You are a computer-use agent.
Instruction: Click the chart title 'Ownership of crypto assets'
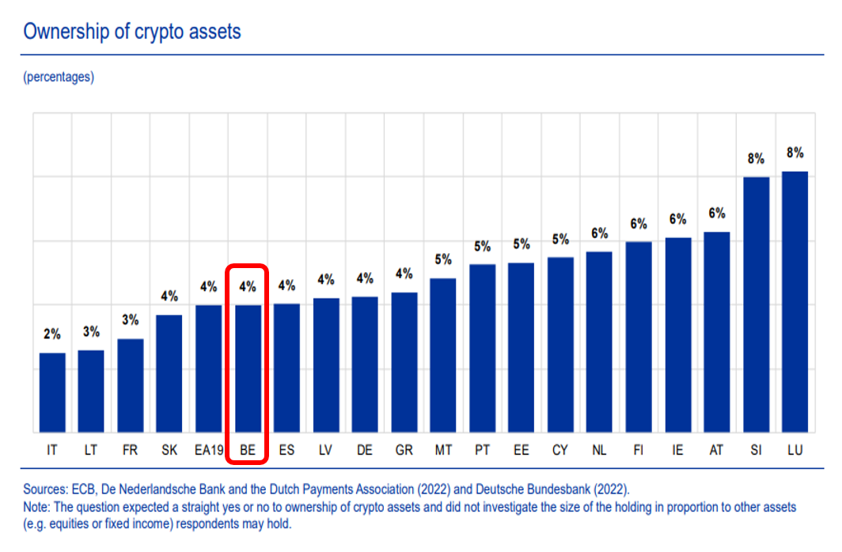click(x=132, y=32)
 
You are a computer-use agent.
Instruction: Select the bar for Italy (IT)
click(x=52, y=392)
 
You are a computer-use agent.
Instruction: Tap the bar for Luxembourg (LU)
click(x=795, y=301)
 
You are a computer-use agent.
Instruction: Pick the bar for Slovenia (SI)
click(x=756, y=304)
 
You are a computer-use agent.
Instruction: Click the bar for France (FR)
click(x=130, y=385)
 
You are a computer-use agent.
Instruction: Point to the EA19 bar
click(x=208, y=369)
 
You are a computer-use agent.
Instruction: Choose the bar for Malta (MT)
click(x=442, y=355)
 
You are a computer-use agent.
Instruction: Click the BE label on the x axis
click(x=247, y=451)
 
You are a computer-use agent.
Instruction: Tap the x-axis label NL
click(x=599, y=451)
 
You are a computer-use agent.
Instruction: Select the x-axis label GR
click(x=404, y=451)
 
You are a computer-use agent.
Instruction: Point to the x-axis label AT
click(x=716, y=451)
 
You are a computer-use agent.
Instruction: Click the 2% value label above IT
click(x=52, y=335)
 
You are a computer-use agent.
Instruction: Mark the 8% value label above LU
click(x=795, y=153)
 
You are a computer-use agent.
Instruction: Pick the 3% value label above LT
click(x=91, y=331)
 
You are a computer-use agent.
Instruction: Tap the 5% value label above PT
click(x=482, y=246)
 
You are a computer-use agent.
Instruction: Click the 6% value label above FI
click(x=639, y=224)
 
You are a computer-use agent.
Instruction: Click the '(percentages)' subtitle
click(x=59, y=77)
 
